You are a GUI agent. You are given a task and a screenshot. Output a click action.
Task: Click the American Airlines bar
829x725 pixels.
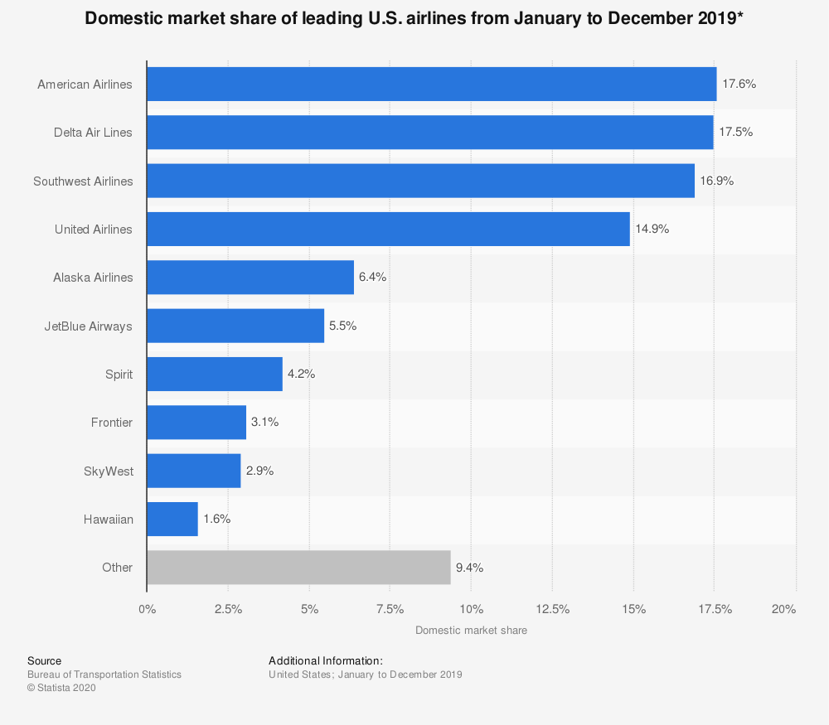(x=431, y=84)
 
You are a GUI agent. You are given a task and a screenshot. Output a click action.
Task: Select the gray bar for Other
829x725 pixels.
(x=298, y=568)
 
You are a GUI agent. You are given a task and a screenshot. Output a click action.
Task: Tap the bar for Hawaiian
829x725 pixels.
(x=172, y=520)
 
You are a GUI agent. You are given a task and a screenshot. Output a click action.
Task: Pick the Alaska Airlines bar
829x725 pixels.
(x=250, y=278)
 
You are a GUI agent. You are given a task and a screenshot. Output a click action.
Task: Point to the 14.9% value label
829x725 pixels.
(x=652, y=230)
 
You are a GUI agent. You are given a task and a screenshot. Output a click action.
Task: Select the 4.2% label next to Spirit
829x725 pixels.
(x=301, y=374)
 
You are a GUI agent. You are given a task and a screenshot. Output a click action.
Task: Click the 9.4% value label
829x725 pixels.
(x=469, y=568)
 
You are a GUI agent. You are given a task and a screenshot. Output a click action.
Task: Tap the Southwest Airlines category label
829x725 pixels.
(x=83, y=181)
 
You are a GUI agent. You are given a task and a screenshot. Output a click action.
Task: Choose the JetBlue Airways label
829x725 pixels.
(x=88, y=326)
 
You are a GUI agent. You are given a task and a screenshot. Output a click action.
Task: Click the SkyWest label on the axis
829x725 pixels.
(x=109, y=471)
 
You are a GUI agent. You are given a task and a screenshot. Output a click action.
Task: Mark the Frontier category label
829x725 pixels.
(x=112, y=423)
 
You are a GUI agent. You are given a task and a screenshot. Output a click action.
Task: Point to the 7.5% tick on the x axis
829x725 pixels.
(x=390, y=610)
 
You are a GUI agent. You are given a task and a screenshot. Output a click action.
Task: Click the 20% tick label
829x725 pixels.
(x=783, y=610)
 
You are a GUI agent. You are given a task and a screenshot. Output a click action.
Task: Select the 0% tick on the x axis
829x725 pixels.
(x=147, y=610)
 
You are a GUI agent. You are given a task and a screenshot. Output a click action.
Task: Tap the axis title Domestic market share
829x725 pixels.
(x=471, y=631)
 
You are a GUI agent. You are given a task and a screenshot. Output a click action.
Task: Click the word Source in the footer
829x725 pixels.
(x=44, y=661)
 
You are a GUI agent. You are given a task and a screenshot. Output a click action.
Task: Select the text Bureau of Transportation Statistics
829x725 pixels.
(x=104, y=674)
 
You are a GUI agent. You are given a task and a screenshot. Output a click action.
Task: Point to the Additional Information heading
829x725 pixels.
(x=325, y=661)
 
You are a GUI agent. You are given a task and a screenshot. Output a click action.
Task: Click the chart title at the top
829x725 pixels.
(x=414, y=18)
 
